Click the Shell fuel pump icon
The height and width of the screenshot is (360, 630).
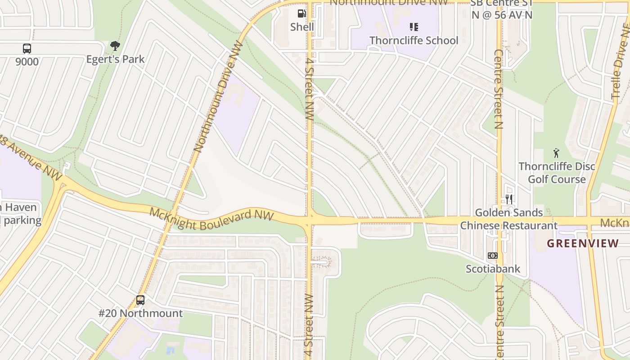click(302, 13)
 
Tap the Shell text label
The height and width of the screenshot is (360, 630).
click(302, 27)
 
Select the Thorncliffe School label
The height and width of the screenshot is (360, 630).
click(414, 40)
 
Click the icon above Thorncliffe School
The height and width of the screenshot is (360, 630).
click(414, 27)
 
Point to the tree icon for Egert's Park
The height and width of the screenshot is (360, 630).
click(115, 45)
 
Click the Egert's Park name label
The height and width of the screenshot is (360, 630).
click(116, 59)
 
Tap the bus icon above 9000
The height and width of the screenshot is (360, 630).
click(27, 48)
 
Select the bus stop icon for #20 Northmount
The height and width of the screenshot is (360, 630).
click(140, 300)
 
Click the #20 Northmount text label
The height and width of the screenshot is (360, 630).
click(140, 313)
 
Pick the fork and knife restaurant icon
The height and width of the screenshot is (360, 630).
click(509, 198)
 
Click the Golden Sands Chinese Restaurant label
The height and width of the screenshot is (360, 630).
click(509, 219)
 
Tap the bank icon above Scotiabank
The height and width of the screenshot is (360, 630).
click(493, 256)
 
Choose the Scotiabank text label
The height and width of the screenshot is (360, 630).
click(493, 269)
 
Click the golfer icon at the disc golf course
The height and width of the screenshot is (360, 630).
click(557, 153)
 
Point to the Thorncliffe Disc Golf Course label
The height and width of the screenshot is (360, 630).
click(557, 173)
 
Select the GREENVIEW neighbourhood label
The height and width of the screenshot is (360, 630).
click(583, 243)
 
